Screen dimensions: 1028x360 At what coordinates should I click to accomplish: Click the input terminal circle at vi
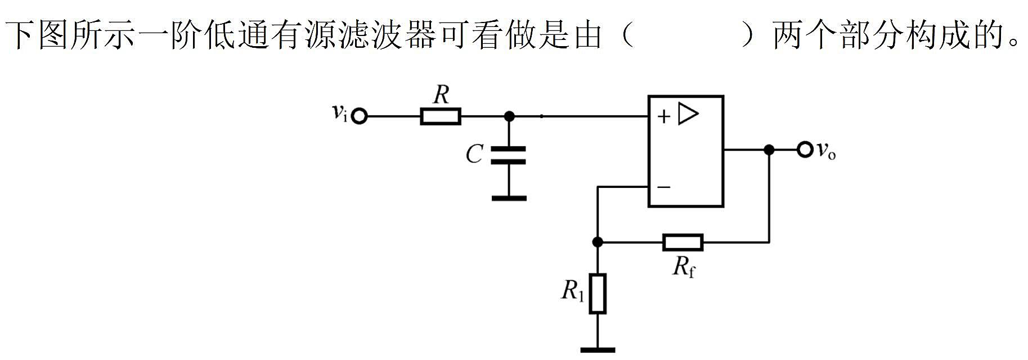tap(359, 116)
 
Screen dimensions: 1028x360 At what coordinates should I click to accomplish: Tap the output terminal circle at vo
tap(805, 150)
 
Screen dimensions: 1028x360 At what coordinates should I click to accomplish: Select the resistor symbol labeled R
tap(441, 116)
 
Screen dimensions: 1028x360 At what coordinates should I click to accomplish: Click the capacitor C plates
tap(509, 155)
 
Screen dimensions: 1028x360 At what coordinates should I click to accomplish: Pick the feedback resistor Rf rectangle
tap(683, 242)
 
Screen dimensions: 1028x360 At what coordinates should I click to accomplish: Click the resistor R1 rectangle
tap(598, 294)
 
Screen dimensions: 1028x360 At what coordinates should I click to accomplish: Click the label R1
tap(573, 291)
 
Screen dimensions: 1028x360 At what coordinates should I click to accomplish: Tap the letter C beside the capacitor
tap(474, 154)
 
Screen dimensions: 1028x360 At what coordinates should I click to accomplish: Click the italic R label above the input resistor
tap(441, 96)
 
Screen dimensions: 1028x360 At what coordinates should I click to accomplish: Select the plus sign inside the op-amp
tap(664, 116)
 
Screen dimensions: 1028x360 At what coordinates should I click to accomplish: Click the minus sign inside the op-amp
tap(664, 187)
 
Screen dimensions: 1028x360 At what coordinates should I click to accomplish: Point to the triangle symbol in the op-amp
tap(688, 114)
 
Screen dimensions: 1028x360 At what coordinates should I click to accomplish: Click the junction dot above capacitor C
tap(509, 116)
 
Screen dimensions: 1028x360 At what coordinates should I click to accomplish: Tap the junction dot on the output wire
tap(769, 150)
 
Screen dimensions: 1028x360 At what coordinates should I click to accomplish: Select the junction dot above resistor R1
tap(598, 242)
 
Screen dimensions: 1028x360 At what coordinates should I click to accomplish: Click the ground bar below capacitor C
tap(509, 198)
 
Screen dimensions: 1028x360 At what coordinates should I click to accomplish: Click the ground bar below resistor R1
tap(598, 350)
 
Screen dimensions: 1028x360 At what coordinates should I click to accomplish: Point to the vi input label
tap(339, 113)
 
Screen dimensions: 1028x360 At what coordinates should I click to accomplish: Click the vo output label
tap(826, 150)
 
